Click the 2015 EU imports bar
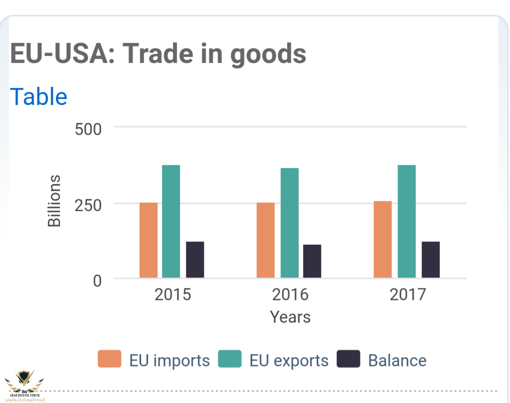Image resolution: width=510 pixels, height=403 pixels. pos(148,240)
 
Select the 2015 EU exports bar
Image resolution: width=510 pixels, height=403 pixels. pos(171,221)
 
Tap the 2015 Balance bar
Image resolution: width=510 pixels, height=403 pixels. pos(195,260)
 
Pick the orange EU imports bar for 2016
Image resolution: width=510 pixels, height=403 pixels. pos(265,240)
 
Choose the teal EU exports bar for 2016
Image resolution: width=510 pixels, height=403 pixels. pos(289,223)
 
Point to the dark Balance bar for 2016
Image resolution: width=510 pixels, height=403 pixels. pos(312,261)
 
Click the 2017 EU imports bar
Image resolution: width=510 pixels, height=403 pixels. pos(383,239)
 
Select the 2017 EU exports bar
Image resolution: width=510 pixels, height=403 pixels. pos(406,221)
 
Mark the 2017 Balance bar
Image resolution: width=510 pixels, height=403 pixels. pos(430,260)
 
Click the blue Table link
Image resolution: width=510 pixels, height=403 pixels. pos(39,97)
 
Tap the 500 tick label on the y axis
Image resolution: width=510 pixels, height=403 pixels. pos(88,129)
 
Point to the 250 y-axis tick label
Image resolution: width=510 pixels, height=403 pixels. pos(88,205)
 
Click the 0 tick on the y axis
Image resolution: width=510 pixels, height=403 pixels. pos(97,281)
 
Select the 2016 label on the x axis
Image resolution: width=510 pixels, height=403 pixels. pos(290,294)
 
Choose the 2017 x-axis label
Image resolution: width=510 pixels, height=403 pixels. pos(407,294)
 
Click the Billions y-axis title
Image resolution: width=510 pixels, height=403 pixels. pos(54,201)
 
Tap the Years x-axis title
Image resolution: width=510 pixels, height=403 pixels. pos(290,317)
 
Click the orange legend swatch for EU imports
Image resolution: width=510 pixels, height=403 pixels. pos(109,359)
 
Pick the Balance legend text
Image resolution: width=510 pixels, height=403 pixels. pos(397,360)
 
